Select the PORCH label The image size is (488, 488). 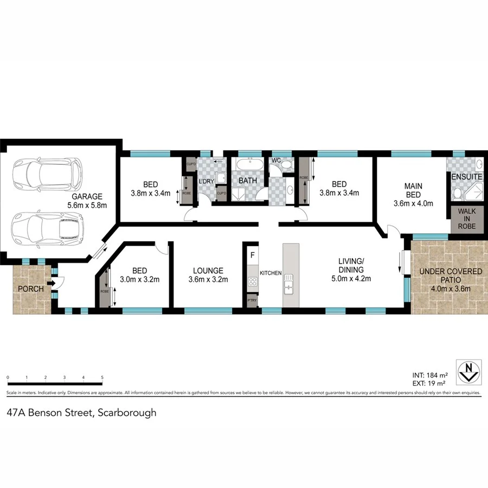pyautogui.click(x=31, y=289)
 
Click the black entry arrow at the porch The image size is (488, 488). pyautogui.click(x=50, y=282)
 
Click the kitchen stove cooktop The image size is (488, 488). pyautogui.click(x=252, y=281)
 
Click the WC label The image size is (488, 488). pyautogui.click(x=275, y=161)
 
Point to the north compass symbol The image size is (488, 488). pyautogui.click(x=468, y=371)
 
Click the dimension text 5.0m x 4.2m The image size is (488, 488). pyautogui.click(x=348, y=280)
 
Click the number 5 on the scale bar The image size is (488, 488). pyautogui.click(x=102, y=377)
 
